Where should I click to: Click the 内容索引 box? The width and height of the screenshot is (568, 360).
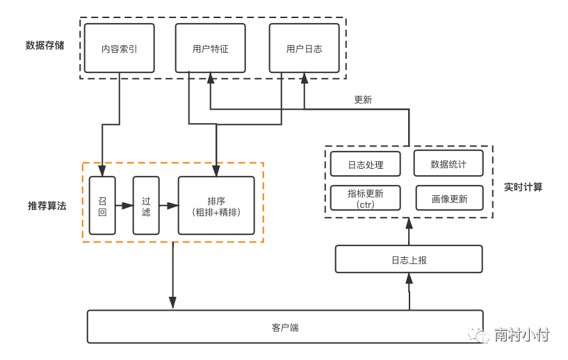(119, 49)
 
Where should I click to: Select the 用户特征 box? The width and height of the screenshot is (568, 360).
(210, 49)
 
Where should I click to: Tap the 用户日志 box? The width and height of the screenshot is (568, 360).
(304, 49)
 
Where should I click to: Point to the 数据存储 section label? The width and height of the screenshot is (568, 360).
(45, 45)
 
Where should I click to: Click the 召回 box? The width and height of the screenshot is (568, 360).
(102, 206)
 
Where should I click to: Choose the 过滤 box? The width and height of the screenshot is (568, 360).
(146, 206)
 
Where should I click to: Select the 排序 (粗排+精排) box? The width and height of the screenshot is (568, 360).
(216, 206)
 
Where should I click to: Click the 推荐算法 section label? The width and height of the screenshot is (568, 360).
(47, 206)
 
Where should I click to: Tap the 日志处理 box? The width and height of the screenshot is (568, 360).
(365, 165)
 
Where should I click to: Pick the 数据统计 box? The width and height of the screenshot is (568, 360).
(448, 164)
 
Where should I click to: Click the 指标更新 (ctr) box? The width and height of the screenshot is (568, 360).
(365, 198)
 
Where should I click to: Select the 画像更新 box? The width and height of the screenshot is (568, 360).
(449, 198)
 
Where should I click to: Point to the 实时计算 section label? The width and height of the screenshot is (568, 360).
(523, 187)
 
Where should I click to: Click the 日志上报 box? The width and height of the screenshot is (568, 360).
(409, 259)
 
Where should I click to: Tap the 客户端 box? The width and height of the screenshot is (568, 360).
(285, 327)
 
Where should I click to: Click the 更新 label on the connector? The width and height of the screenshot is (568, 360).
(363, 99)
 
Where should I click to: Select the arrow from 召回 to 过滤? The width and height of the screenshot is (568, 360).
(124, 206)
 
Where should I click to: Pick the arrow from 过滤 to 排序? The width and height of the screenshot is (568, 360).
(168, 206)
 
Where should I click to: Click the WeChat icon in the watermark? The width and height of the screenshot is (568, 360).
(479, 336)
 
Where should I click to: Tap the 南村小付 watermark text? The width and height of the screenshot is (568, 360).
(521, 335)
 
